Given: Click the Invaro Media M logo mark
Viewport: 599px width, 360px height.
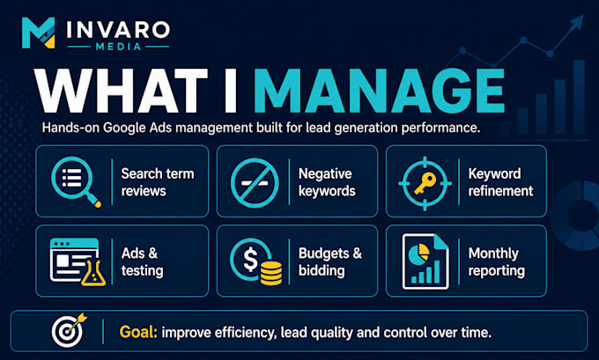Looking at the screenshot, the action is tap(38, 33).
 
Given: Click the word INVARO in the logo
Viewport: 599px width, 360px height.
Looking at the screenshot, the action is tap(118, 30).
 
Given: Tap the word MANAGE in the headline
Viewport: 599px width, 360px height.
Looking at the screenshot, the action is tap(380, 91).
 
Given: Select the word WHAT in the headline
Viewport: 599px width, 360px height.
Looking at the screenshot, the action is tap(121, 91).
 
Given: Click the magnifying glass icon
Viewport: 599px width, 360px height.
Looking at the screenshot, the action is tap(76, 181).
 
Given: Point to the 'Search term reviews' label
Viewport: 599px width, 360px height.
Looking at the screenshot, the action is tap(158, 182).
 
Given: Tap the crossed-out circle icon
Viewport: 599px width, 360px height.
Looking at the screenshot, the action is tap(255, 182).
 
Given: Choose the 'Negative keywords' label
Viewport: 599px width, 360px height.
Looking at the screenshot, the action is tap(327, 182).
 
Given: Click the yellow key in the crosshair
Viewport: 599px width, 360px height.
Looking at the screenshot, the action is tap(425, 183).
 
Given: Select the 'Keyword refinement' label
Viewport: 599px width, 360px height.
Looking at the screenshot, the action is tap(500, 182).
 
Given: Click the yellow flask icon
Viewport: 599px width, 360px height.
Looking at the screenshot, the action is tap(93, 274).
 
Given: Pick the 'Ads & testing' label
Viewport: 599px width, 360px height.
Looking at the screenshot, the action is tap(142, 261).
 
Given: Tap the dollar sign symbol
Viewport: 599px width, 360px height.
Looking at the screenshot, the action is tap(250, 259).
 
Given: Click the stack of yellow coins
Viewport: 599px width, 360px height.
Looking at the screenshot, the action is tap(271, 274).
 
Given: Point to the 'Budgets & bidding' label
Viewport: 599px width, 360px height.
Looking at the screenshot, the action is tap(330, 261).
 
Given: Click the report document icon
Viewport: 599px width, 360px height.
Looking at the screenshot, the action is tap(425, 261).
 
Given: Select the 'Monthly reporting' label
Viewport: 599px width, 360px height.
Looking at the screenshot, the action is tap(497, 261).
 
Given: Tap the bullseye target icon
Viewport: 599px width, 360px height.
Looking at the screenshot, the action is tap(69, 330).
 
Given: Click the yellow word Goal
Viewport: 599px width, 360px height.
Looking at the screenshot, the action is tap(138, 332).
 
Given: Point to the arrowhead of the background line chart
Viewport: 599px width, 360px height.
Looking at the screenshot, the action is tap(577, 22).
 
